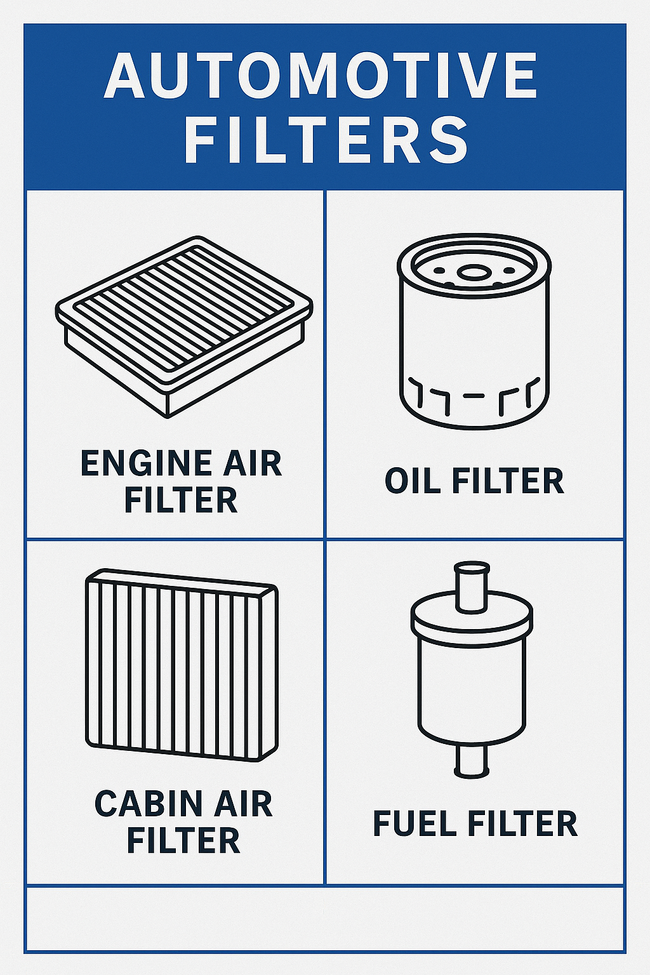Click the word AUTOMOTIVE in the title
(321, 76)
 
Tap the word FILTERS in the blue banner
(326, 140)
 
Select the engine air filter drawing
(184, 326)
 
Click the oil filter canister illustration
(474, 332)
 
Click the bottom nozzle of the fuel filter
(472, 762)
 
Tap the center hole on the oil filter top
(474, 273)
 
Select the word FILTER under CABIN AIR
(183, 840)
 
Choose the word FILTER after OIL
(507, 481)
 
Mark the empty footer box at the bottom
(325, 919)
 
